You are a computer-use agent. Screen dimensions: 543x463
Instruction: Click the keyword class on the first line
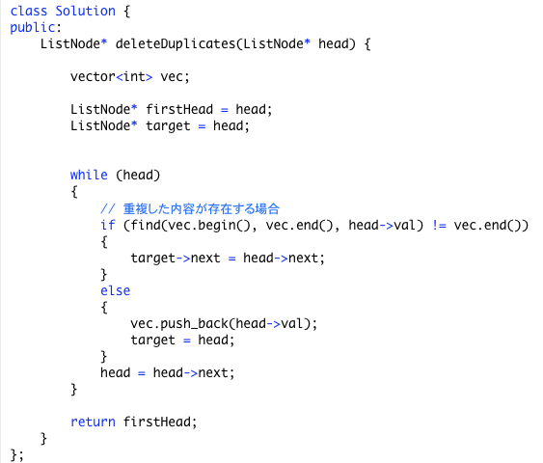click(x=29, y=11)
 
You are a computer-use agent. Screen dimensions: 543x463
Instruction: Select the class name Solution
click(x=85, y=11)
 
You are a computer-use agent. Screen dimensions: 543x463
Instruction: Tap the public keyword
click(x=33, y=28)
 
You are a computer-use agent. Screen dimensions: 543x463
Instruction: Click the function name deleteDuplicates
click(x=176, y=44)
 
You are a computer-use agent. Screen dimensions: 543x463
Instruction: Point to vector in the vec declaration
click(x=93, y=76)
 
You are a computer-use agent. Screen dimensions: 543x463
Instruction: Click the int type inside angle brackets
click(x=134, y=76)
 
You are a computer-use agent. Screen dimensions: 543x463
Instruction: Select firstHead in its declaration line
click(x=179, y=109)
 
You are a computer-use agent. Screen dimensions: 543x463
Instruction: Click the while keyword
click(x=89, y=175)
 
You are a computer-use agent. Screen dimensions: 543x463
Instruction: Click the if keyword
click(x=108, y=225)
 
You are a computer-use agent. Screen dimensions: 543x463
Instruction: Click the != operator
click(x=439, y=226)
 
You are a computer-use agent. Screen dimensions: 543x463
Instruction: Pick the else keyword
click(x=116, y=291)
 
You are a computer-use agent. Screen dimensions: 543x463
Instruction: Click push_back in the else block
click(x=194, y=324)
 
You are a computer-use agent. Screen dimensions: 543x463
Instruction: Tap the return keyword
click(x=93, y=422)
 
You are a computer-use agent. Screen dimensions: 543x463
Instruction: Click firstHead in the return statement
click(x=157, y=422)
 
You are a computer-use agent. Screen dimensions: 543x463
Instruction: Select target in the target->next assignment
click(x=153, y=259)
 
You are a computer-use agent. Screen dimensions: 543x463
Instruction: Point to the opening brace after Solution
click(x=127, y=12)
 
